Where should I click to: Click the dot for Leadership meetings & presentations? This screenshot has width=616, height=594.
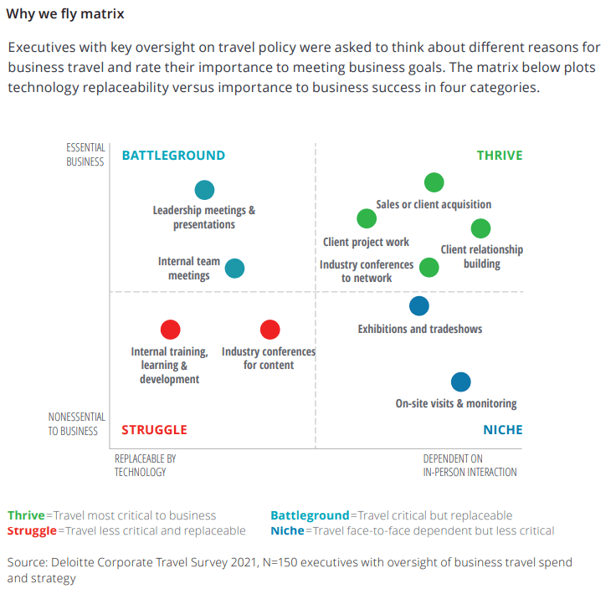coord(204,190)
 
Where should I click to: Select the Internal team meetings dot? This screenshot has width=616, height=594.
coord(235,269)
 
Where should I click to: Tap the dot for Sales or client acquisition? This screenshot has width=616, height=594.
coord(434,182)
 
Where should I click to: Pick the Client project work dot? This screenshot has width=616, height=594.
coord(367,219)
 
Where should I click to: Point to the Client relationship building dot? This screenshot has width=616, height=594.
coord(480,228)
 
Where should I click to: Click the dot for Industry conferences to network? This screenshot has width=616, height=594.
coord(429,268)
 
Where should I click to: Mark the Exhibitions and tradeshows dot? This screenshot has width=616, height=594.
coord(419,306)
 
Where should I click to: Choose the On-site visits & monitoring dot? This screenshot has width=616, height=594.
coord(460,382)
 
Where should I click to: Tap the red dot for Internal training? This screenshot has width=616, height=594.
coord(170,330)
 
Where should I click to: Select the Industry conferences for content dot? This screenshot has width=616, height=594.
coord(269,330)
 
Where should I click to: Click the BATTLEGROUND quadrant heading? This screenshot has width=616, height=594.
coord(173,156)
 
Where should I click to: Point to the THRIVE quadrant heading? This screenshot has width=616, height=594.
coord(500,156)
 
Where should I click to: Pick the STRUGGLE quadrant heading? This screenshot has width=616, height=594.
coord(154,430)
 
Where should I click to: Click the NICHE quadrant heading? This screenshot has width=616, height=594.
coord(502,430)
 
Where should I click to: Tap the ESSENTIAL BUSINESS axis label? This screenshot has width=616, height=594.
coord(85,155)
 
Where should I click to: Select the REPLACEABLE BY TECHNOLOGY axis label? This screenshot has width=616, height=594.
coord(145,465)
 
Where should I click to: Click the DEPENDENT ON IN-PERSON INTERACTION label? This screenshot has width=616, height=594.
coord(470,465)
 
